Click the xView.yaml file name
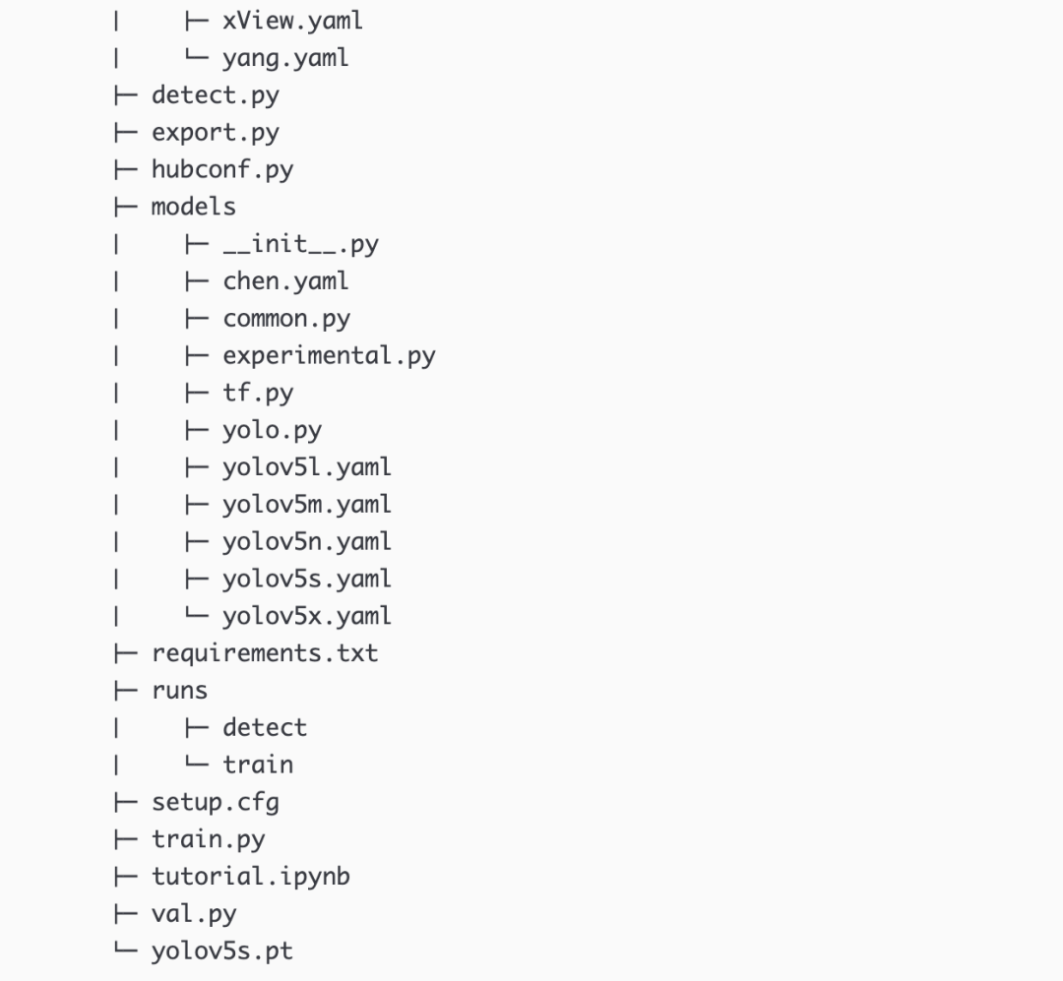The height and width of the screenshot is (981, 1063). coord(292,21)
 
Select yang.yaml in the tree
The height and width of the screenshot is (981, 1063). coord(285,58)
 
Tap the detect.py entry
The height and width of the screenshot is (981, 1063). coord(215,95)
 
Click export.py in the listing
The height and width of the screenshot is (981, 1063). coord(215,132)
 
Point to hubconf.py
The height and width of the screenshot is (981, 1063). coord(221,169)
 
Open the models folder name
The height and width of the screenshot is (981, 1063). coord(193,207)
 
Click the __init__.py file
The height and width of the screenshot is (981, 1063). coord(300,244)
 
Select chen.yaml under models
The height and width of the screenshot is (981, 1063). coord(285,281)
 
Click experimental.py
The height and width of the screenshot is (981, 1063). coord(329,355)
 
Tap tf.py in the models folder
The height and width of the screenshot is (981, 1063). coord(258,393)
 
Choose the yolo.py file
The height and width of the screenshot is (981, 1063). coord(272,430)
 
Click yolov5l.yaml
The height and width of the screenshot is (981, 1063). coord(307,467)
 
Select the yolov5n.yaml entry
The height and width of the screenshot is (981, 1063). coord(307,541)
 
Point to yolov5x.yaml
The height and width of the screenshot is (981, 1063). coord(307,616)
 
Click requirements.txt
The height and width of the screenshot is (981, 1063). coord(264,653)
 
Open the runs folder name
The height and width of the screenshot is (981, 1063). coord(179,691)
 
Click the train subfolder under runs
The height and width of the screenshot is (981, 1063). coord(258,765)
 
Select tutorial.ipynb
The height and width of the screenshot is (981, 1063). coord(250,876)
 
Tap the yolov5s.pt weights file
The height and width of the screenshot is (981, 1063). coord(221,951)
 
